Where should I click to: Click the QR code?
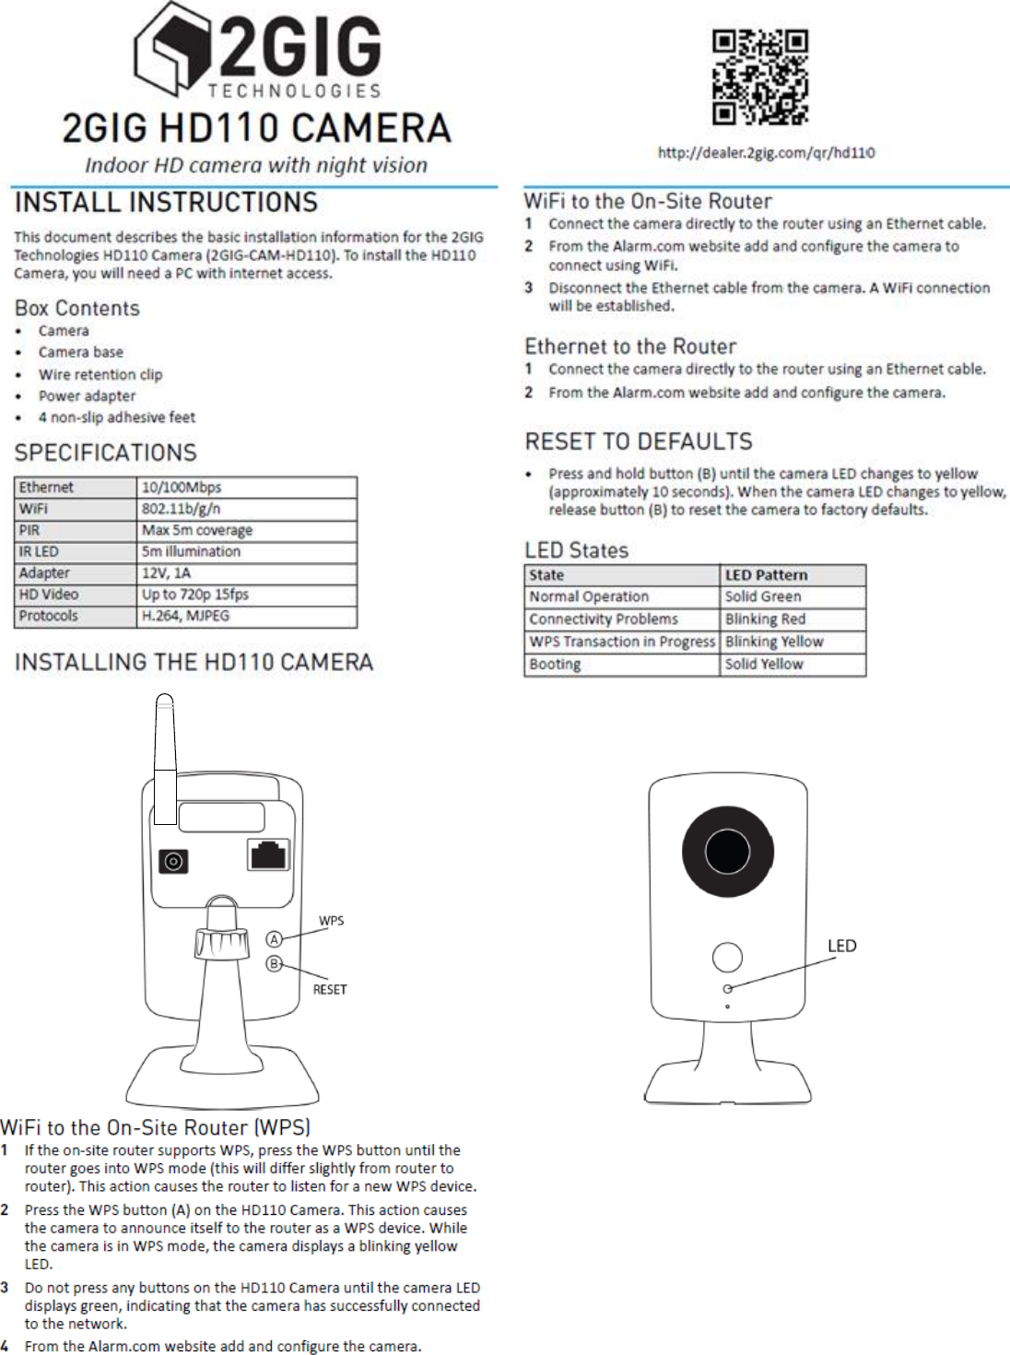(x=760, y=77)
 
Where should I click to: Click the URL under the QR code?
(x=766, y=153)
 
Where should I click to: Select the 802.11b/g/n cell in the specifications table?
(x=246, y=509)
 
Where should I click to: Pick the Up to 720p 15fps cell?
(x=246, y=595)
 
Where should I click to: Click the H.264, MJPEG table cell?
(x=246, y=616)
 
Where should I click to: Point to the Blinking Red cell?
(x=792, y=619)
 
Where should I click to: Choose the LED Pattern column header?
(x=792, y=575)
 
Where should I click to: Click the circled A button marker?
(x=274, y=939)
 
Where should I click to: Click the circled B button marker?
(x=274, y=964)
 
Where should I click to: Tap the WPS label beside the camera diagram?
(x=331, y=921)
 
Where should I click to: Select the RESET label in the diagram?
(x=330, y=990)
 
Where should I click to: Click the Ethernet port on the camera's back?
(x=268, y=854)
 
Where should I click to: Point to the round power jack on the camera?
(x=173, y=862)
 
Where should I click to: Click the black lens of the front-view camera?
(x=727, y=852)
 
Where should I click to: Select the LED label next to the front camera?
(x=841, y=946)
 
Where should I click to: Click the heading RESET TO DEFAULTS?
(x=639, y=442)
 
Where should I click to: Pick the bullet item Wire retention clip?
(x=100, y=374)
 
